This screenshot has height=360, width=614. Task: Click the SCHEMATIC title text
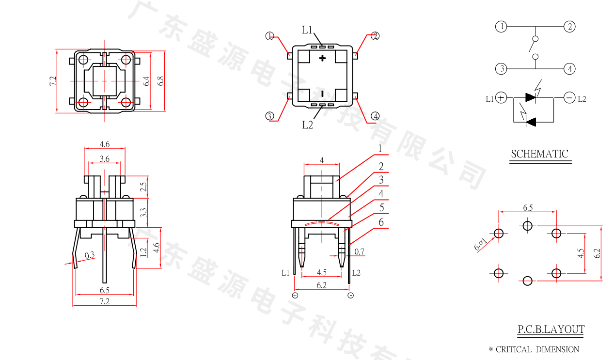[539, 154]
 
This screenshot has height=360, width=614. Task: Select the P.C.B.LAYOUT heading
[551, 330]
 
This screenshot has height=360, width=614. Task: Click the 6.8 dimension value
[161, 80]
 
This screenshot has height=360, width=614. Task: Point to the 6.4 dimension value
[146, 80]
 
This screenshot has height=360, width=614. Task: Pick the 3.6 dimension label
[104, 159]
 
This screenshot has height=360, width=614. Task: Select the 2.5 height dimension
[142, 187]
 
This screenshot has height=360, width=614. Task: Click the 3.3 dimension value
[142, 212]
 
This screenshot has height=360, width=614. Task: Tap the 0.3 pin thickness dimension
[90, 255]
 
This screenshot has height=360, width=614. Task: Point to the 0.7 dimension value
[359, 251]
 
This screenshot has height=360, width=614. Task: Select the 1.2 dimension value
[142, 252]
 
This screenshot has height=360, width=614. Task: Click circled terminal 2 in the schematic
[569, 27]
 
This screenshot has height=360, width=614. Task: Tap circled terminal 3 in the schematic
[501, 69]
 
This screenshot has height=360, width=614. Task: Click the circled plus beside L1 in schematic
[501, 98]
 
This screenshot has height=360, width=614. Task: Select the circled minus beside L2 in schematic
[569, 98]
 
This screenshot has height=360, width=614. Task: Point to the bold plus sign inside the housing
[323, 59]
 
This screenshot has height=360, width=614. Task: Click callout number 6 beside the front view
[381, 222]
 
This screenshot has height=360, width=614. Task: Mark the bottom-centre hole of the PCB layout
[528, 281]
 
